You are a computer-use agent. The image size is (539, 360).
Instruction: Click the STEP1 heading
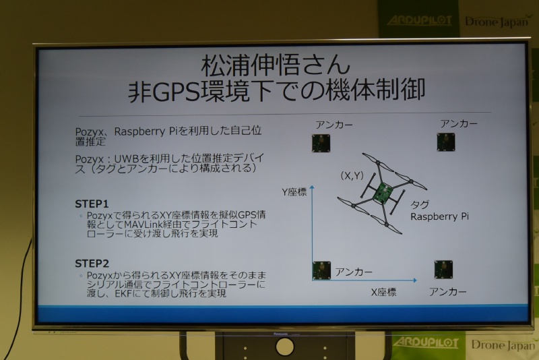(92, 203)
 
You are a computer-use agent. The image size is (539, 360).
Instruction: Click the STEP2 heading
(92, 264)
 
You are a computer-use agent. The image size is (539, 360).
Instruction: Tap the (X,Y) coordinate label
(351, 176)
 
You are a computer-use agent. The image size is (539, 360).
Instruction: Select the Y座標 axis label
(294, 192)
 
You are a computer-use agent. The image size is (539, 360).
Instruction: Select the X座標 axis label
(383, 292)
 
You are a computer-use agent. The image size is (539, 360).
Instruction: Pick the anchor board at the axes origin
(321, 270)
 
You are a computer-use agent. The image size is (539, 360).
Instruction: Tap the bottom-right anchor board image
(443, 269)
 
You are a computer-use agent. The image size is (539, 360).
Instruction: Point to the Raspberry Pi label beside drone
(441, 216)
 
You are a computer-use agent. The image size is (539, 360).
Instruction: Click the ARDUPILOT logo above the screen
(419, 20)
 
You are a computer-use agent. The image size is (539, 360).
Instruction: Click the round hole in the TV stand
(285, 347)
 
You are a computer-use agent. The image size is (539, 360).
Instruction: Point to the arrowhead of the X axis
(416, 278)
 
